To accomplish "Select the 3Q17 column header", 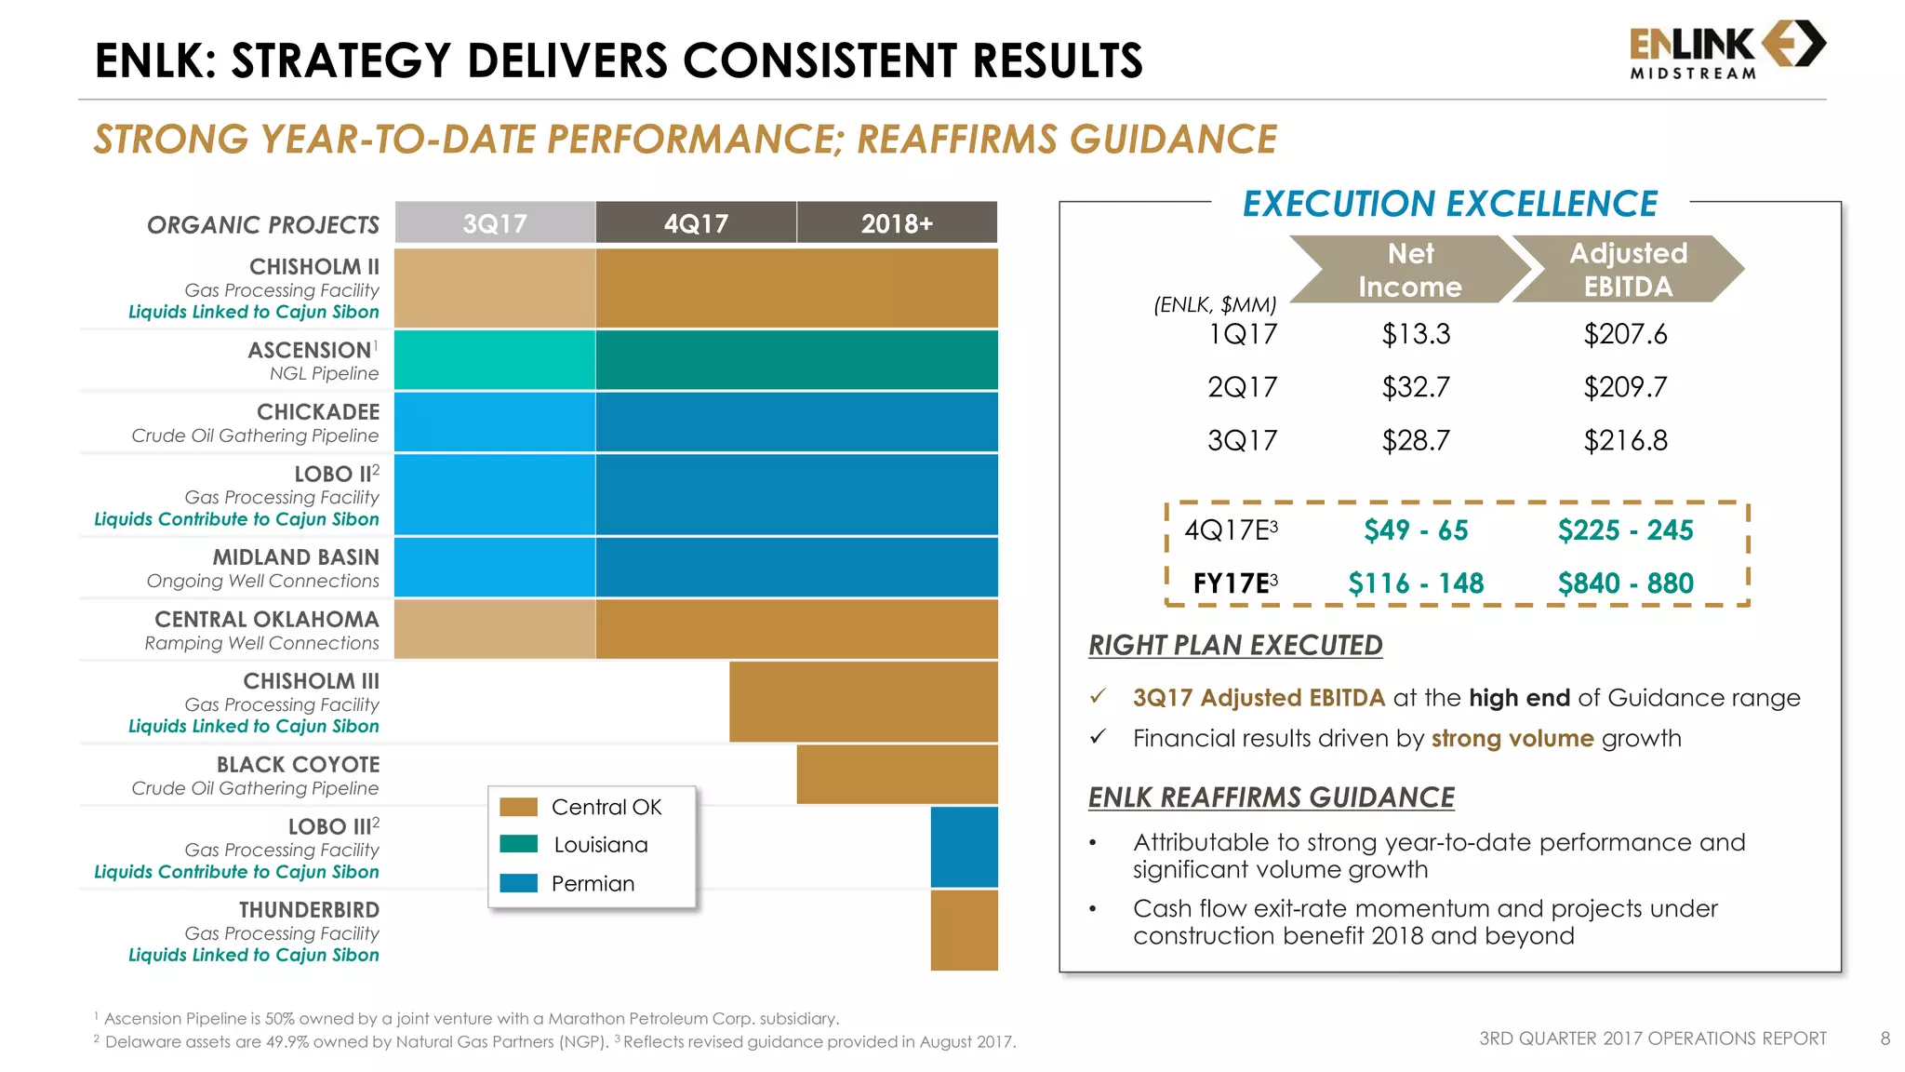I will click(495, 223).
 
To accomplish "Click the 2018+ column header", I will click(897, 223).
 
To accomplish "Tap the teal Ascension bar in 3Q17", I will click(495, 360).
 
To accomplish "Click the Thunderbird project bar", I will click(964, 931).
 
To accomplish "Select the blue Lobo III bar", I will click(964, 847).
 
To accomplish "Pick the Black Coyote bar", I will click(897, 774).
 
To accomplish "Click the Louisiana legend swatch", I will click(518, 844).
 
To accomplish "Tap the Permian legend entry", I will click(593, 883).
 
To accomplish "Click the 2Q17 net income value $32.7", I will click(1416, 387).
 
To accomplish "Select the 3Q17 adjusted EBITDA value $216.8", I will click(1625, 440).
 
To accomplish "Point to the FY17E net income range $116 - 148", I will click(1416, 583).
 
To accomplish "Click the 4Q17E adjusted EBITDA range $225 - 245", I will click(1625, 530).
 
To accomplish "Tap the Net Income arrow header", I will click(1409, 270).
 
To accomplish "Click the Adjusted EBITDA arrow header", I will click(1628, 270).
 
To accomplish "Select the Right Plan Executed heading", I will click(1235, 645).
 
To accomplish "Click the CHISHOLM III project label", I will click(311, 681).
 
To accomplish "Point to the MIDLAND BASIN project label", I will click(296, 557).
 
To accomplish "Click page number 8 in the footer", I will click(1885, 1038).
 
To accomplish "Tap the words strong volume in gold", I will click(1512, 739).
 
